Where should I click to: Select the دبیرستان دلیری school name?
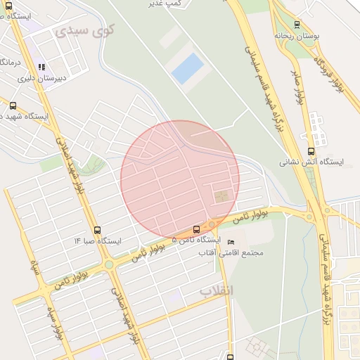[x=44, y=79]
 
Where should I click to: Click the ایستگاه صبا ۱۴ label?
[x=98, y=241]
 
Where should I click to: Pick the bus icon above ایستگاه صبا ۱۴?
[x=96, y=230]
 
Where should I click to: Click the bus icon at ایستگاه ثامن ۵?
[x=196, y=229]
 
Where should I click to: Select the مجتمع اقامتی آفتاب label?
[x=237, y=252]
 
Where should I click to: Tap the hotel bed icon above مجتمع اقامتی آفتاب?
[x=231, y=242]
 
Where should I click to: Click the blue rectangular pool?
[x=188, y=69]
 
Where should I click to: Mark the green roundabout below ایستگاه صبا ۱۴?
[x=109, y=264]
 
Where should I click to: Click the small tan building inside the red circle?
[x=221, y=195]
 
